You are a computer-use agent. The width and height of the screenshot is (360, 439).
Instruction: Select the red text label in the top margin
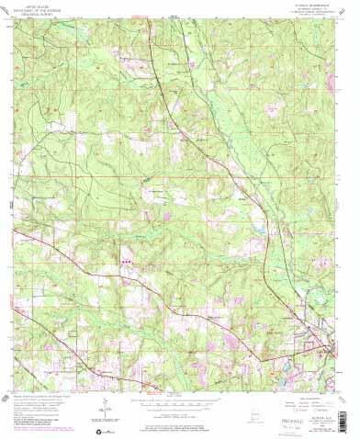coord(138,16)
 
